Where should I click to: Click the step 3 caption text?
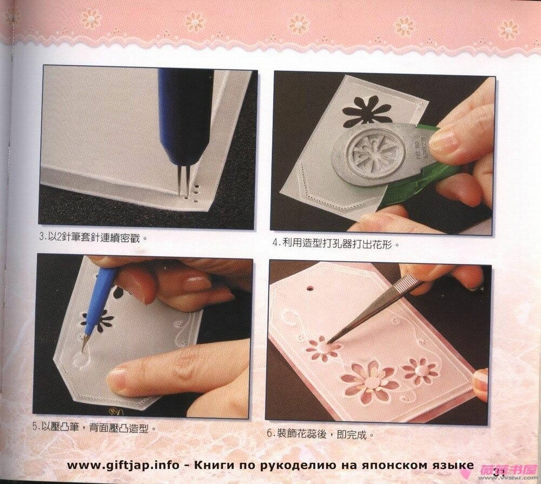click(94, 236)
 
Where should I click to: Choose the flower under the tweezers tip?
click(322, 349)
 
